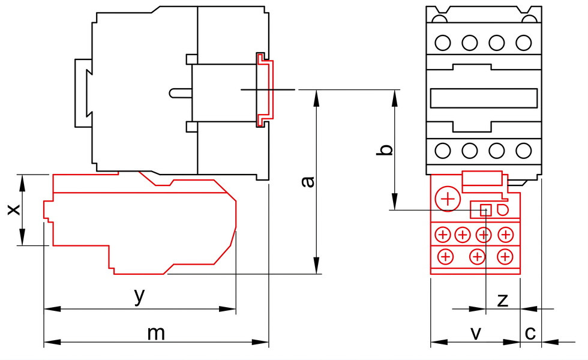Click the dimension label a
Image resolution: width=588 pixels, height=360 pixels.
tap(308, 181)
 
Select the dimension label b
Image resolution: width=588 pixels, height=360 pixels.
tap(385, 149)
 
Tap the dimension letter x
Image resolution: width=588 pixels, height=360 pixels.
tap(14, 209)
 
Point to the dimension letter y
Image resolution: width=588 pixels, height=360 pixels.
tap(139, 296)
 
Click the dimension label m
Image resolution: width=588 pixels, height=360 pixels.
tap(155, 334)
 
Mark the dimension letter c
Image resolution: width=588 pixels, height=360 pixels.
tap(530, 333)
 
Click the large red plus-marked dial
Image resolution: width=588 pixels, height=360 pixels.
tap(448, 199)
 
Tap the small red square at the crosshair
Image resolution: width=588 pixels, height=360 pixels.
tap(486, 211)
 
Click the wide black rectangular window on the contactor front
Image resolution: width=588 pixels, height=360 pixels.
tap(484, 98)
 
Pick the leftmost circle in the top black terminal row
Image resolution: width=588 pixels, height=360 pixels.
tap(443, 43)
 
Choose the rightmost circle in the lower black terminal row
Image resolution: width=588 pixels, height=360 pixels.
tap(523, 151)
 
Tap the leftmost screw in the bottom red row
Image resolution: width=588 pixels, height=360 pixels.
tap(445, 257)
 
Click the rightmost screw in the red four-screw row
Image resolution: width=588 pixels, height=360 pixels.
tap(505, 235)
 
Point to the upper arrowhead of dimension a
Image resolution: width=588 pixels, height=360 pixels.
tap(317, 98)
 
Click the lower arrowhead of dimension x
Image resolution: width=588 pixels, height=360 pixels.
tap(23, 237)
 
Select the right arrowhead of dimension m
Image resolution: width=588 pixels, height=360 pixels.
tap(260, 342)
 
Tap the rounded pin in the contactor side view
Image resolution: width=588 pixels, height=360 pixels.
tap(181, 93)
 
